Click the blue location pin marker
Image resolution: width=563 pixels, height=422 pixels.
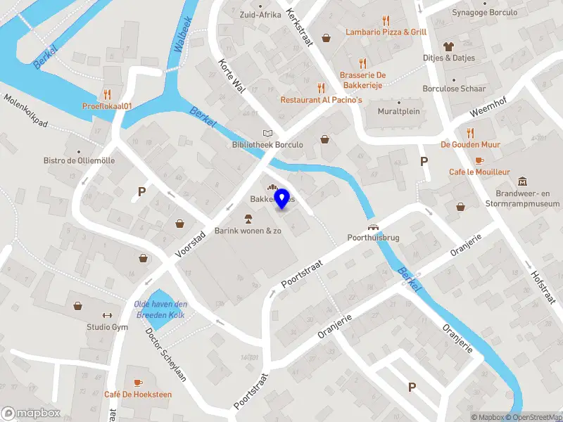282,198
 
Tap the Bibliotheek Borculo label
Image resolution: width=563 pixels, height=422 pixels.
267,144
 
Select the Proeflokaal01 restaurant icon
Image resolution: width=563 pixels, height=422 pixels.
107,94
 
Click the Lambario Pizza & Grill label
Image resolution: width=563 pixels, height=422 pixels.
386,32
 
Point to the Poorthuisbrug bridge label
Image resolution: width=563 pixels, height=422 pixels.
373,238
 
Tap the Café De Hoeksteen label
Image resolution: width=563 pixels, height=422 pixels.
138,395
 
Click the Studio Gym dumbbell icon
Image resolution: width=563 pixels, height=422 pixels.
108,314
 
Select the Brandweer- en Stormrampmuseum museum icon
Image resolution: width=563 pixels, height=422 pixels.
522,181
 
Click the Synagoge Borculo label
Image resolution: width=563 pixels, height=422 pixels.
484,13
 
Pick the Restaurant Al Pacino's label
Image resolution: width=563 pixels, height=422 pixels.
321,100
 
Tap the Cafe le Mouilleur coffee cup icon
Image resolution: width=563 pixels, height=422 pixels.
479,160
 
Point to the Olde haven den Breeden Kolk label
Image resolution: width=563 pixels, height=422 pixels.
160,309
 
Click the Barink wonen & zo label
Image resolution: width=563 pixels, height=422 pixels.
248,231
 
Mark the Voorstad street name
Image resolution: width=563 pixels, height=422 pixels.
193,245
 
